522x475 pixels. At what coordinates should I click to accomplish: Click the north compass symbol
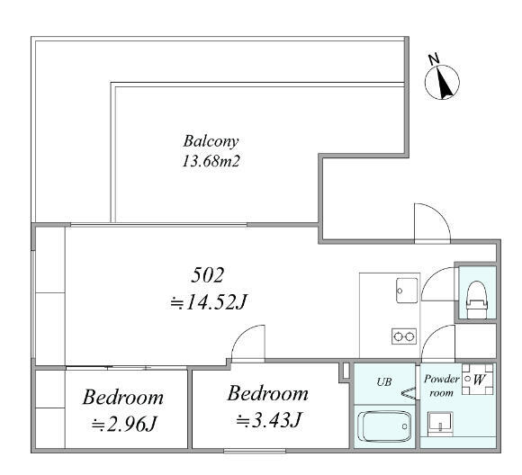pos(442,83)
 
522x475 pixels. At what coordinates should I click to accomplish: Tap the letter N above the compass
pos(434,59)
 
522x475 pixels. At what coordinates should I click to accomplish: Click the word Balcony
pos(211,141)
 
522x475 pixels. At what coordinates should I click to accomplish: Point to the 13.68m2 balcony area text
pos(211,161)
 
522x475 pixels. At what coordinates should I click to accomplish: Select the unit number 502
pos(207,275)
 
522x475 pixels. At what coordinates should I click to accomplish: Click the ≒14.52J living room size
pos(208,302)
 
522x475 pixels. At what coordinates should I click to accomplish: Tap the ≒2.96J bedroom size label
pos(124,424)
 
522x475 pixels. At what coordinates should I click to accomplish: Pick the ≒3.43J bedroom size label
pos(269,420)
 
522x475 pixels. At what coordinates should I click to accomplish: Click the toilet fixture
pos(477,300)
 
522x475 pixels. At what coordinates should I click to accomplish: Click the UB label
pos(384,381)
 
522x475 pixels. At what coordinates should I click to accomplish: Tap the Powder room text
pos(441,386)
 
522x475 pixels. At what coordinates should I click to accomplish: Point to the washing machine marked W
pos(477,379)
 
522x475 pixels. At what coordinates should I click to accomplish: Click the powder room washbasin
pos(440,424)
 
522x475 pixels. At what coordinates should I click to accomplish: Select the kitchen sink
pos(407,291)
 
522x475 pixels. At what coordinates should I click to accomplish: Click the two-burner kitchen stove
pos(404,336)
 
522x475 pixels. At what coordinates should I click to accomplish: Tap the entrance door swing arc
pos(440,213)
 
